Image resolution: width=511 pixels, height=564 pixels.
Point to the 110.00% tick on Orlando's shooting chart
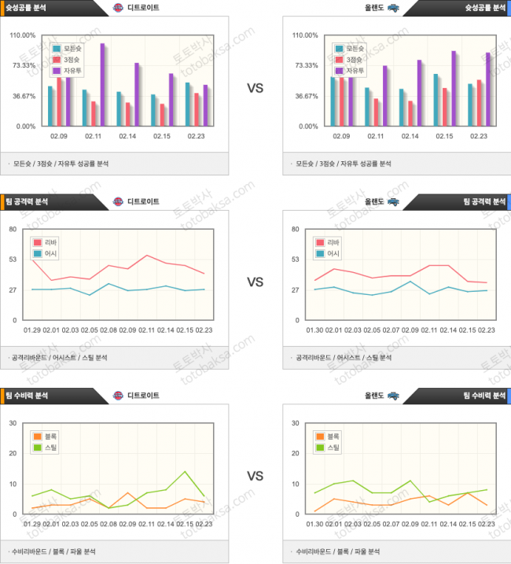tap(305, 35)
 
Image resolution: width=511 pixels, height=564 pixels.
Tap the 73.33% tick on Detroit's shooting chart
tap(22, 65)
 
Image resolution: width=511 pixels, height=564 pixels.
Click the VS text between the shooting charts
tap(255, 88)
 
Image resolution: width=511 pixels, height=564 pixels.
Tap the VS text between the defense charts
tap(255, 476)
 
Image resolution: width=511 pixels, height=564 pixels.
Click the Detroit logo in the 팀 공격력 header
tap(118, 201)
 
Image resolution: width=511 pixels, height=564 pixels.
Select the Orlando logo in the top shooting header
tap(392, 8)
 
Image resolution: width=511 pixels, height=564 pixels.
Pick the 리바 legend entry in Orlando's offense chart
tap(328, 242)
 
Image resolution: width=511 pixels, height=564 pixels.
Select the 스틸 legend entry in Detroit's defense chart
tap(46, 448)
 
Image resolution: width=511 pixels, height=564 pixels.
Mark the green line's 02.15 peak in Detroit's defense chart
tap(185, 472)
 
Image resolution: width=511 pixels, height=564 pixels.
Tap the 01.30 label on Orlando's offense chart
tap(314, 330)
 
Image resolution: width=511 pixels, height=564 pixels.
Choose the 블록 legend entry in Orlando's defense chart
tap(328, 436)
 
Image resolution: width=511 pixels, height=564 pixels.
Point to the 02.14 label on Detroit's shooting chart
tap(129, 136)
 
